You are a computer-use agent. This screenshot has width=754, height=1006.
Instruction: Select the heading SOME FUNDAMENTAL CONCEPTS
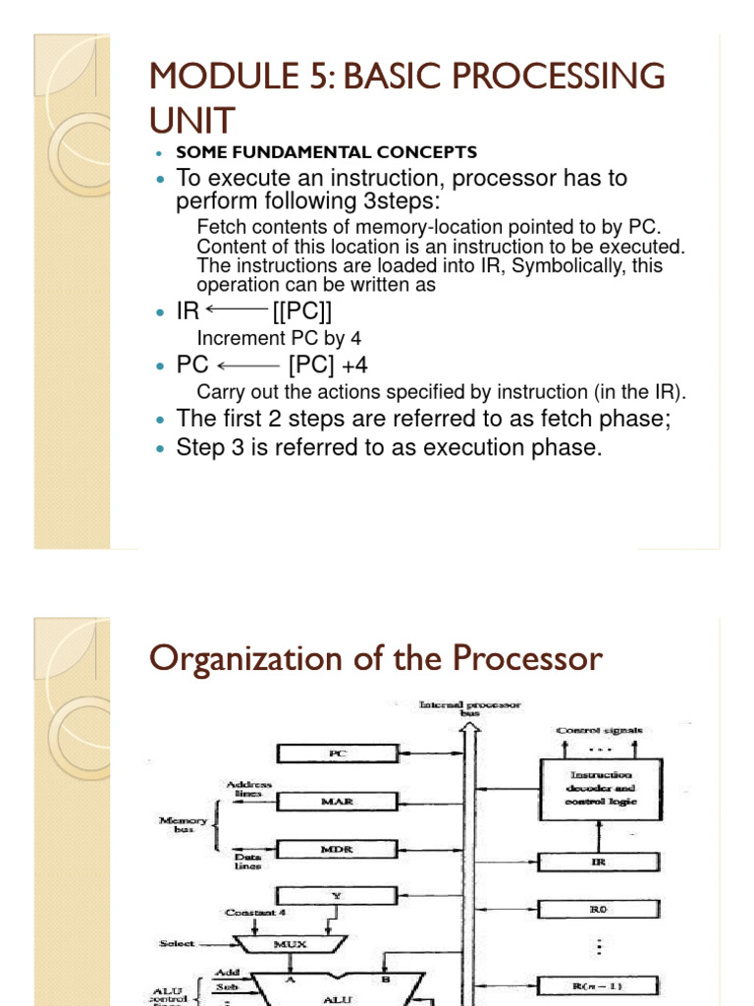pyautogui.click(x=326, y=152)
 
